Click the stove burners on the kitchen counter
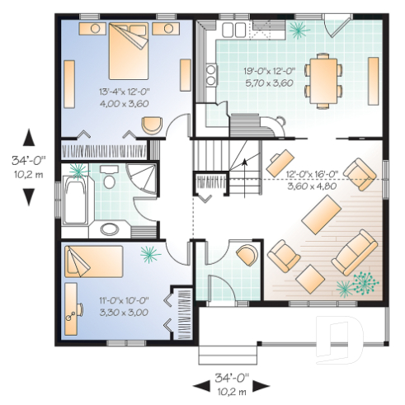(211, 76)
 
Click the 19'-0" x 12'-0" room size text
(269, 72)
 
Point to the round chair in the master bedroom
(152, 126)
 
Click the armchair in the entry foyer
(246, 255)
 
